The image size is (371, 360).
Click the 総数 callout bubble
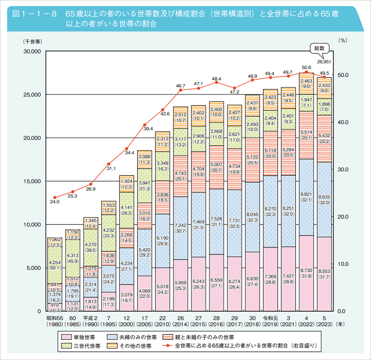click(x=320, y=48)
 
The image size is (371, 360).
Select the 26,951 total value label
click(x=324, y=62)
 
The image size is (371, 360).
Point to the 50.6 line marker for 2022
click(x=306, y=72)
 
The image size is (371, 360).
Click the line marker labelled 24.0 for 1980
click(x=55, y=197)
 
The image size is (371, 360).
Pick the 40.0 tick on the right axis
click(x=343, y=122)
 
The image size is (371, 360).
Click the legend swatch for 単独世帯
click(x=66, y=337)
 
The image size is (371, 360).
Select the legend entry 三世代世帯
click(x=87, y=346)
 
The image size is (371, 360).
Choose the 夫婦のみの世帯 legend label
click(x=138, y=337)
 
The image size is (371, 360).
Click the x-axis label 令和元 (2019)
click(x=270, y=321)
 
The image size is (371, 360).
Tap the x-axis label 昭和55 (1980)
click(x=55, y=321)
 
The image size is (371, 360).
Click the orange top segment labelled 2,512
click(x=180, y=117)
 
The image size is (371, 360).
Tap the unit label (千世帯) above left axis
click(x=32, y=42)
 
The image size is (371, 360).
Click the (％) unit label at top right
click(x=343, y=40)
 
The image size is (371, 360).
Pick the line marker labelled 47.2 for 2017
click(x=234, y=88)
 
